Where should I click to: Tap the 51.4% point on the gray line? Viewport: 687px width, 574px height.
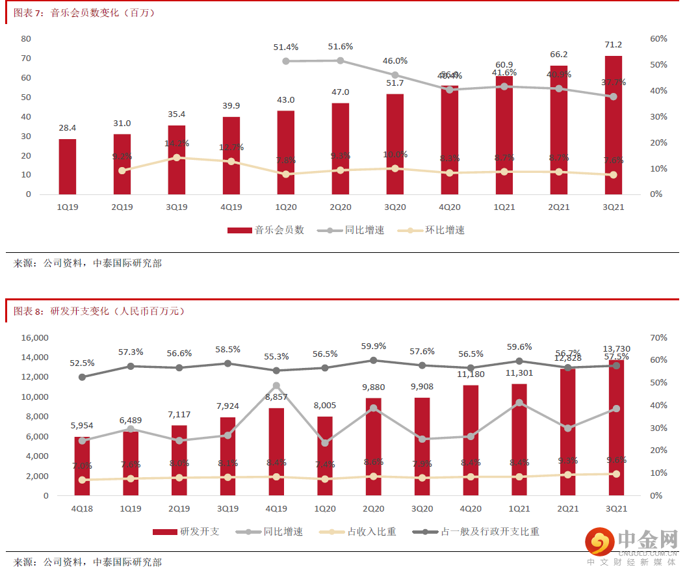(x=285, y=61)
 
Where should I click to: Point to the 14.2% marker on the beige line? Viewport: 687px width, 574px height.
(x=176, y=157)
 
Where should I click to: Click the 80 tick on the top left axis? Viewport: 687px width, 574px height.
(x=26, y=39)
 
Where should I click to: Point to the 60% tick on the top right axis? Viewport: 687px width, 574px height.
(x=658, y=39)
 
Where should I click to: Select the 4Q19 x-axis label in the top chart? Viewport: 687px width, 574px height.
(x=231, y=207)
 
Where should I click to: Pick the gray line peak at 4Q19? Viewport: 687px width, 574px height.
(x=276, y=385)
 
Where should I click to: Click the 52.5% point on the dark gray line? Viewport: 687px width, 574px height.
(x=82, y=377)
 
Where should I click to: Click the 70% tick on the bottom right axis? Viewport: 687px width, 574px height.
(x=657, y=338)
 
